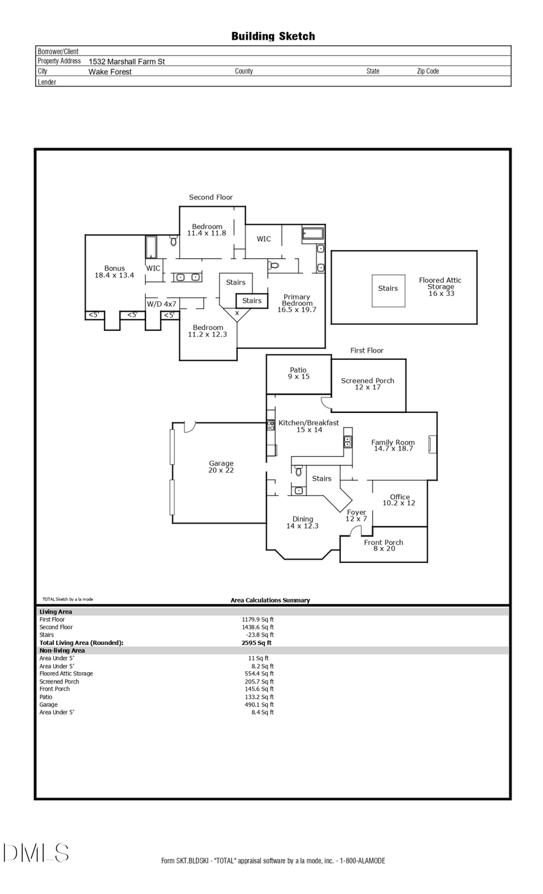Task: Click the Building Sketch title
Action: click(273, 36)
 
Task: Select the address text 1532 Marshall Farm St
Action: click(127, 61)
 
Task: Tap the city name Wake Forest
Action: click(110, 72)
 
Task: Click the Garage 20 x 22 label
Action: click(221, 467)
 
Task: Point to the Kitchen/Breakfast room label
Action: click(308, 426)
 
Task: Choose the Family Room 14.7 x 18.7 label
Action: click(393, 445)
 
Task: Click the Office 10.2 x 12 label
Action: click(399, 500)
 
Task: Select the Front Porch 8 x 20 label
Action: click(384, 546)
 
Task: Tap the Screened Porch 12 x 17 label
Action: click(367, 384)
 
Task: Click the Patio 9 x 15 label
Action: click(298, 373)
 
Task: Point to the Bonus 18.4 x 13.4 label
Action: click(114, 272)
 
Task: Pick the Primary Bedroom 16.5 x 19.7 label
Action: click(296, 303)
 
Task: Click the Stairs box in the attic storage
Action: click(388, 289)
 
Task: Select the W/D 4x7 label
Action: click(162, 304)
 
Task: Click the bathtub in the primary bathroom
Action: click(313, 234)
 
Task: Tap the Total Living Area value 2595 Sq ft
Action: click(256, 643)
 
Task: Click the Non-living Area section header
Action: click(62, 650)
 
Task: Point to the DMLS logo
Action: click(36, 852)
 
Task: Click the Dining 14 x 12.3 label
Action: click(302, 523)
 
